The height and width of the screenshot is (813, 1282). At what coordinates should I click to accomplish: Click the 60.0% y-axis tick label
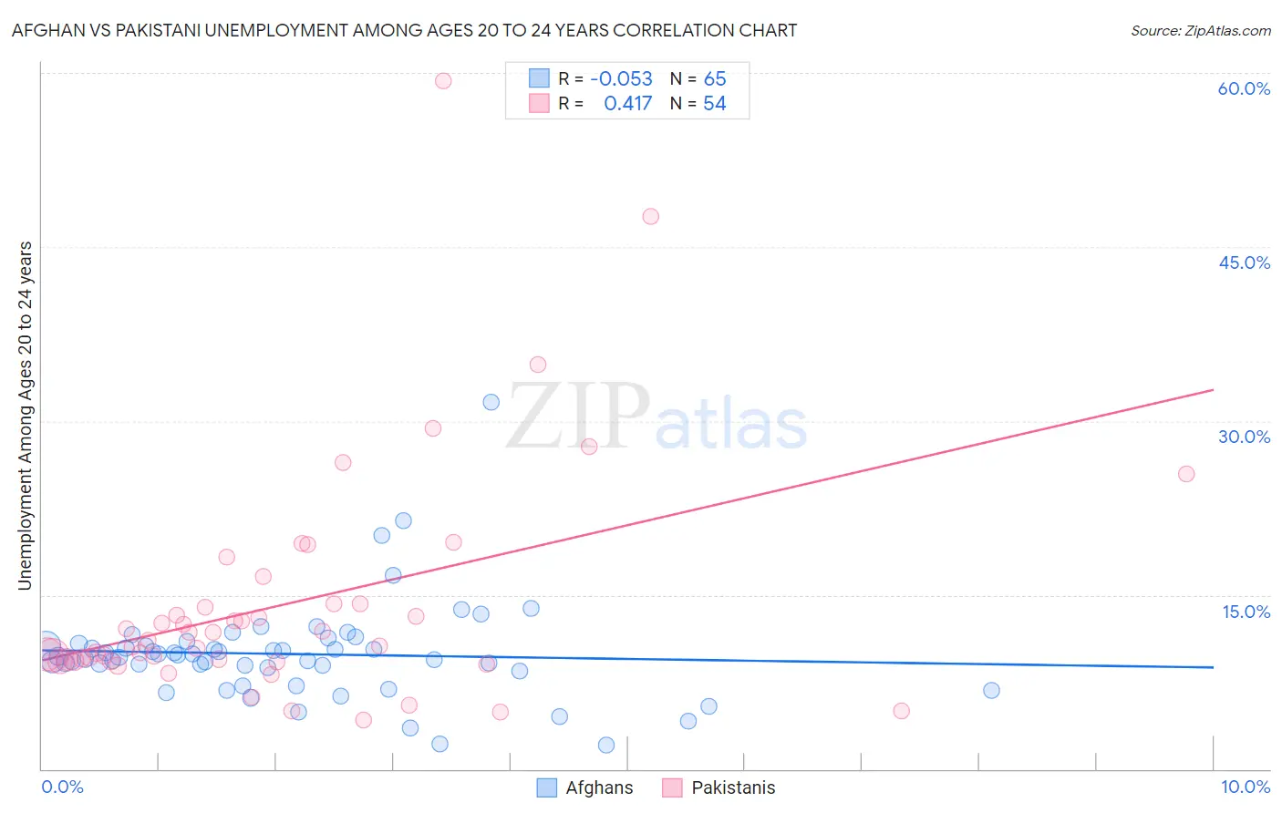point(1244,88)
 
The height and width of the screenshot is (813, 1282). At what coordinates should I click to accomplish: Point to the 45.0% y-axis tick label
point(1244,262)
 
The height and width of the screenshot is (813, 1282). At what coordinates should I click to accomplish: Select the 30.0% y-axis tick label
point(1244,437)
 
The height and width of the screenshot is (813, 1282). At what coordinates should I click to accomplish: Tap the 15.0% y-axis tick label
point(1246,612)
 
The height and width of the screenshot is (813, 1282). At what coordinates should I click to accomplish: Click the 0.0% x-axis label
point(62,787)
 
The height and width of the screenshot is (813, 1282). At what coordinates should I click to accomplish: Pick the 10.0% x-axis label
point(1245,787)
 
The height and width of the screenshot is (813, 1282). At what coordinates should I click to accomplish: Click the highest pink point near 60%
point(443,80)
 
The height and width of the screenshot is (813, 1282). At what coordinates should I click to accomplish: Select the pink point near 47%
point(650,216)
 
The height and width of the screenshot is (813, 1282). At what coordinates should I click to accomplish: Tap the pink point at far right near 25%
point(1185,473)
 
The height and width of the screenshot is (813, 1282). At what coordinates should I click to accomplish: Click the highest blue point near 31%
point(491,402)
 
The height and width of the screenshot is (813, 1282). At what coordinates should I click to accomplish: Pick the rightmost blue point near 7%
point(991,690)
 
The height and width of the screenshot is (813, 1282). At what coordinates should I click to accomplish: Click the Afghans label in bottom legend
point(598,787)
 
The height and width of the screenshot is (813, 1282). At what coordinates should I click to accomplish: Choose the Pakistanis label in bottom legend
point(733,787)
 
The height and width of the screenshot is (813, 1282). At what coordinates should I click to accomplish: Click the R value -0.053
point(621,79)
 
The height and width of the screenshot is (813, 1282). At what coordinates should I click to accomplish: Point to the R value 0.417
point(627,104)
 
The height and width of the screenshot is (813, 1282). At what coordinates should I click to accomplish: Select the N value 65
point(715,79)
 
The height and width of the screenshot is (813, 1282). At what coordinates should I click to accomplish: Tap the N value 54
point(715,104)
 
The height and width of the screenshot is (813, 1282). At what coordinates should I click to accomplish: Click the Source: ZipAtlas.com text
point(1200,31)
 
